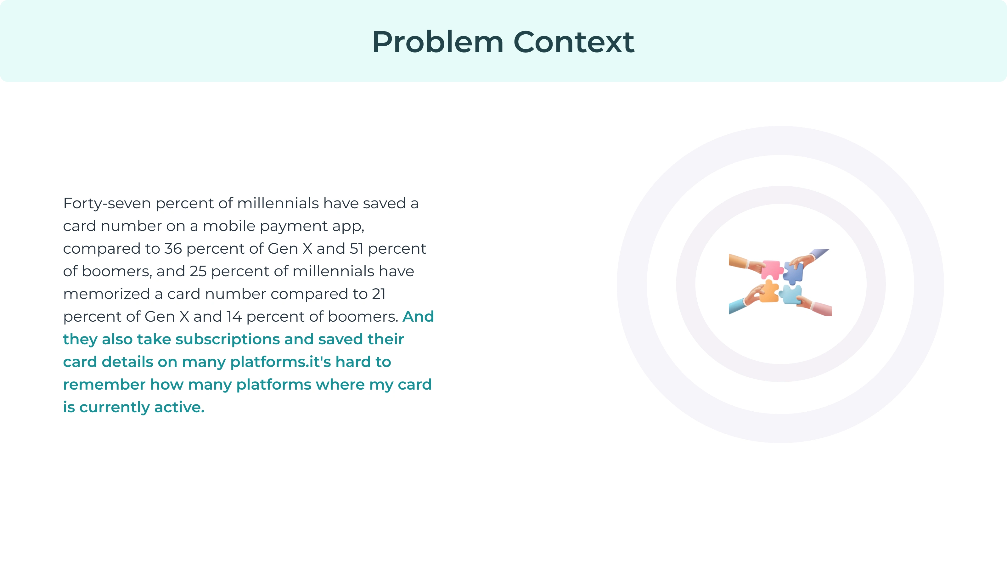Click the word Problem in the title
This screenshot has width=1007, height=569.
(438, 42)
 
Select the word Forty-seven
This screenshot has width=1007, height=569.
(107, 204)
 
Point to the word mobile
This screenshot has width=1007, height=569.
(229, 226)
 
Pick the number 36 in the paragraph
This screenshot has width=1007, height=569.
(173, 249)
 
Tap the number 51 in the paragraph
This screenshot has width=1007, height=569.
(357, 249)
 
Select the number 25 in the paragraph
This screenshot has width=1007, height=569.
(198, 271)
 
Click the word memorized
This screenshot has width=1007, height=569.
(107, 294)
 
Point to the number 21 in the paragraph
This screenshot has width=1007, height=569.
(378, 294)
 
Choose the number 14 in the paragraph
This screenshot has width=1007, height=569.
(234, 317)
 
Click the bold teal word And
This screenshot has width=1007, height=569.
(418, 317)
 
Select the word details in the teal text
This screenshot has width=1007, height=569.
(127, 362)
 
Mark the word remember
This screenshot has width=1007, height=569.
(104, 385)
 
